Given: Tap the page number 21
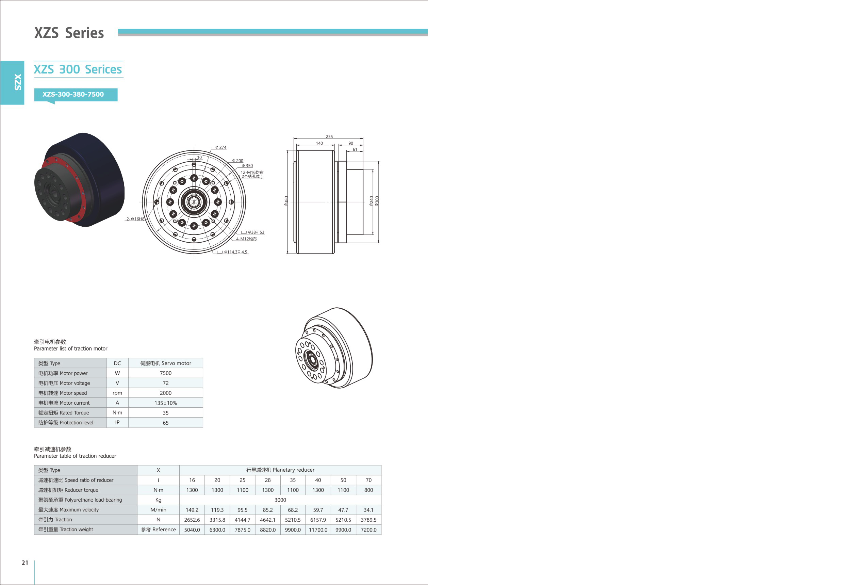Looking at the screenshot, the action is [25, 563].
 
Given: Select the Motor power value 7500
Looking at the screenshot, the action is [166, 373].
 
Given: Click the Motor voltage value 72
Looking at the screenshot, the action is [166, 383].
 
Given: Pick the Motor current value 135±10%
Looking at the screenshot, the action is [166, 403].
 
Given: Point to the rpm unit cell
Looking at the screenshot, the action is [117, 393].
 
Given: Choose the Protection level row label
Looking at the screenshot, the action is [66, 423].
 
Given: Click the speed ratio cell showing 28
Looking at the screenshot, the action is [268, 480].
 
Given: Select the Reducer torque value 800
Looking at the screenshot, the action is [369, 490].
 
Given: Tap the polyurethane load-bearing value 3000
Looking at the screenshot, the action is [280, 500].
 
